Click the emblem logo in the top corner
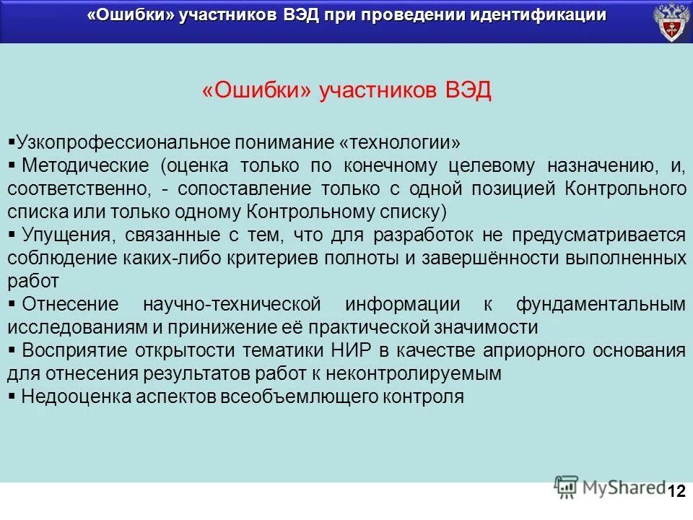(671, 22)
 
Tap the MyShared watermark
(610, 487)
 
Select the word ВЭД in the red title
(468, 92)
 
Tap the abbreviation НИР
(365, 350)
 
